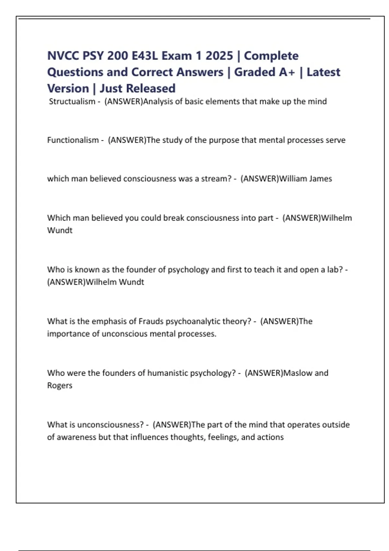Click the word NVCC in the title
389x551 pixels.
pos(63,56)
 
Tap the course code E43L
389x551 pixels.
pos(145,56)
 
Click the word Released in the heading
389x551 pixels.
pos(151,88)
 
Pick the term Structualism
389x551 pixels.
pos(72,101)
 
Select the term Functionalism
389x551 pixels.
pos(73,140)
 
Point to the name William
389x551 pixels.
pos(293,179)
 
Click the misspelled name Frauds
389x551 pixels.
pos(151,321)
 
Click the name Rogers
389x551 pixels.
pos(60,385)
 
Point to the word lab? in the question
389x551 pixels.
pos(335,270)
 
